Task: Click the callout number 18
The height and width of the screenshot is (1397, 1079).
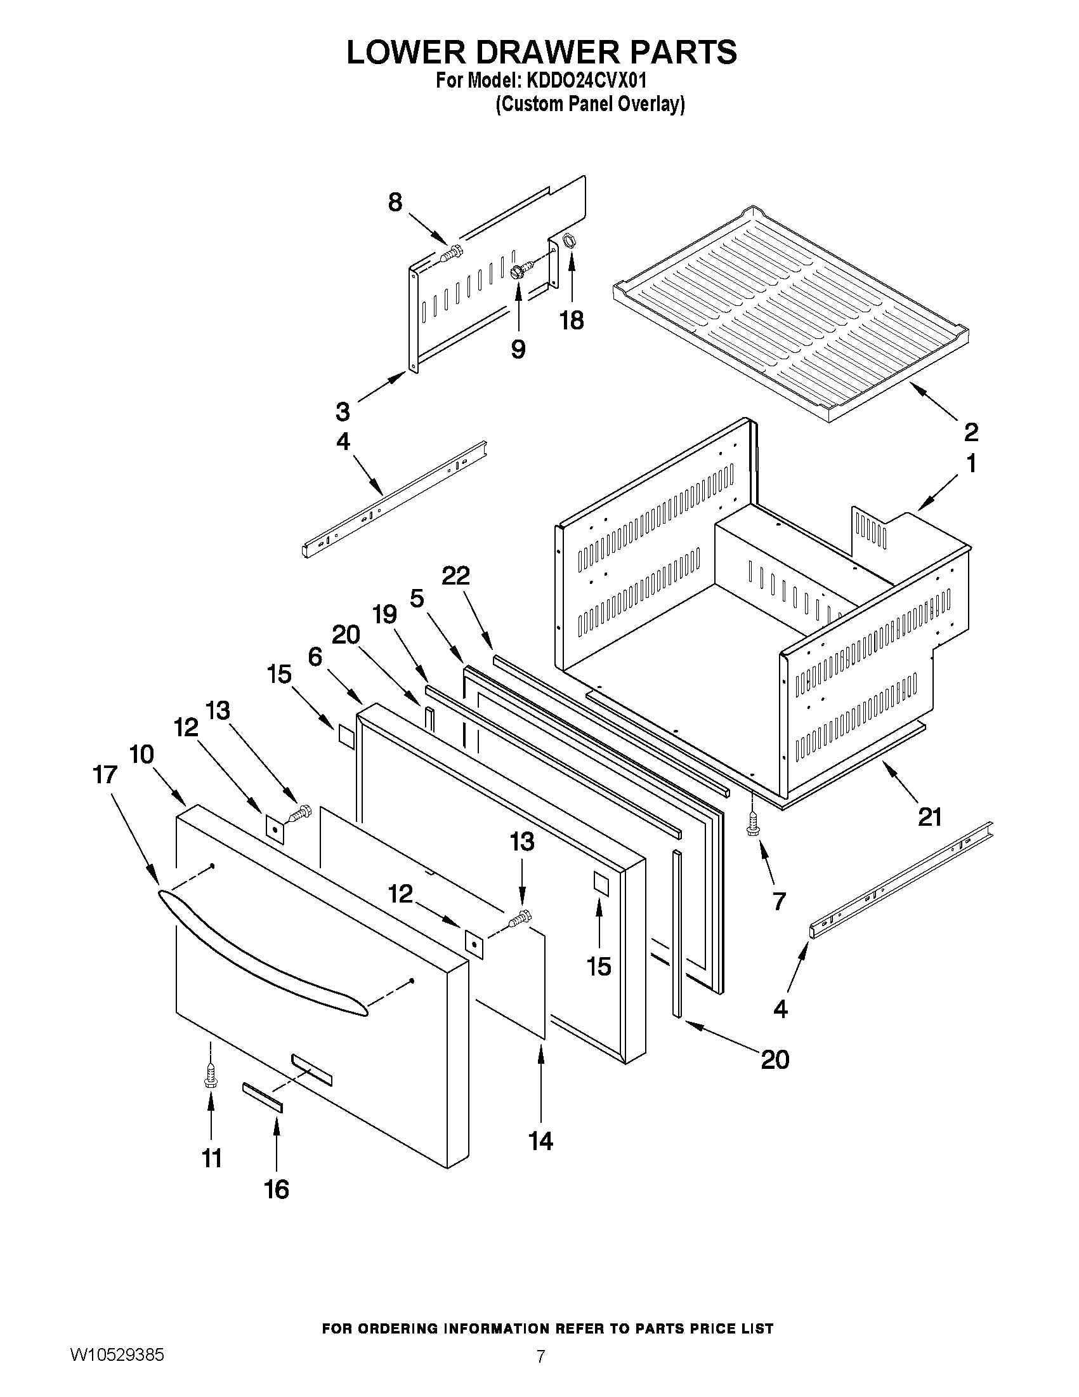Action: tap(572, 321)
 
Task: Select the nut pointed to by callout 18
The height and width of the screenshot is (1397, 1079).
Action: tap(567, 241)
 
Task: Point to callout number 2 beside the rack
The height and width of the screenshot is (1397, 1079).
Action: tap(971, 432)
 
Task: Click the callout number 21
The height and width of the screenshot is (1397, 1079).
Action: tap(929, 817)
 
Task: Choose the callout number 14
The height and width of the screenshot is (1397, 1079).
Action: tap(541, 1141)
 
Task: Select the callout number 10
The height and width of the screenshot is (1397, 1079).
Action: tap(141, 755)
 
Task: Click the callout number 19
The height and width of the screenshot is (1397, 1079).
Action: tap(384, 614)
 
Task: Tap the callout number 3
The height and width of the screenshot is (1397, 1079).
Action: tap(343, 411)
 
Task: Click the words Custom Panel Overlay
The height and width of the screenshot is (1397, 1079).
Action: tap(591, 104)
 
